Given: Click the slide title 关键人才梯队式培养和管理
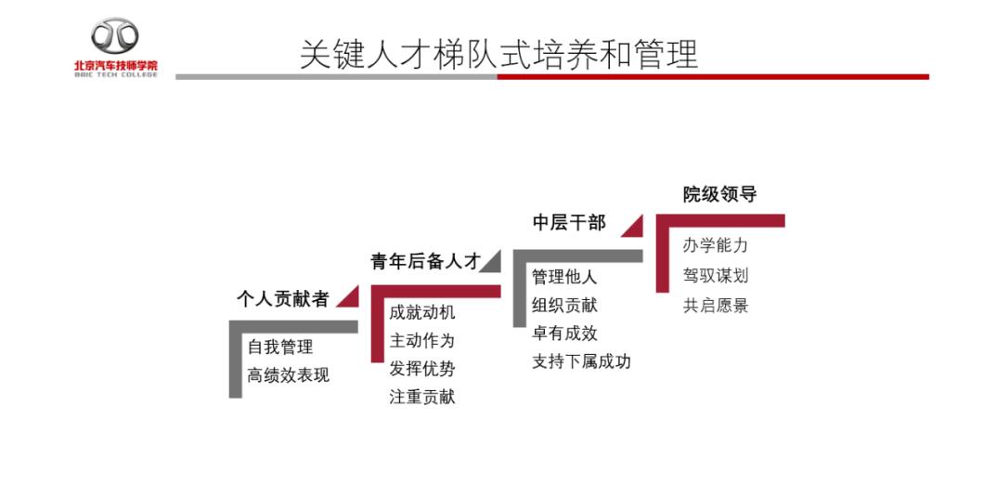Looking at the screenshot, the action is coord(498,55).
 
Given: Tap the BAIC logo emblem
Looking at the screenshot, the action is coord(115,35).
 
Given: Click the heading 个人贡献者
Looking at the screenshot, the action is coord(282,298).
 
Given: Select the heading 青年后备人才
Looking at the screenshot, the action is coord(424,261).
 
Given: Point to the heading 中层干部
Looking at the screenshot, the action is coord(569,222).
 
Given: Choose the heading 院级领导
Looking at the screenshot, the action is coord(719,194).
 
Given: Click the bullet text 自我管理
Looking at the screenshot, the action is coord(280,347).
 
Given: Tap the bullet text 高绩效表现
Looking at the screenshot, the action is coord(289,374).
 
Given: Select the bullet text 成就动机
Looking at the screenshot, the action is coord(422,312).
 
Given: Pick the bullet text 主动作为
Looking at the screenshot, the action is coord(422,340).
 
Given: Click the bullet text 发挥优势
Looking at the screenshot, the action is coord(422,369).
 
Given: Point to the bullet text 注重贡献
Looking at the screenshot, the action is coord(422,397).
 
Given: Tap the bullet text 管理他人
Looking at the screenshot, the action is coord(564,277).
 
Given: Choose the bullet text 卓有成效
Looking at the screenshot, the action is coord(564,333).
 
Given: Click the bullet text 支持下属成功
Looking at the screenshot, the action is coord(581,361).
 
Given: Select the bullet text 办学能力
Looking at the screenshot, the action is coord(716,245).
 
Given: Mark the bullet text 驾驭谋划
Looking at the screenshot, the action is coord(716,276).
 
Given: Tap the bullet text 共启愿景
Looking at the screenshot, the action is coord(716,306).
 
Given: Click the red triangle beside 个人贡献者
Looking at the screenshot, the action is coord(351,300).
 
